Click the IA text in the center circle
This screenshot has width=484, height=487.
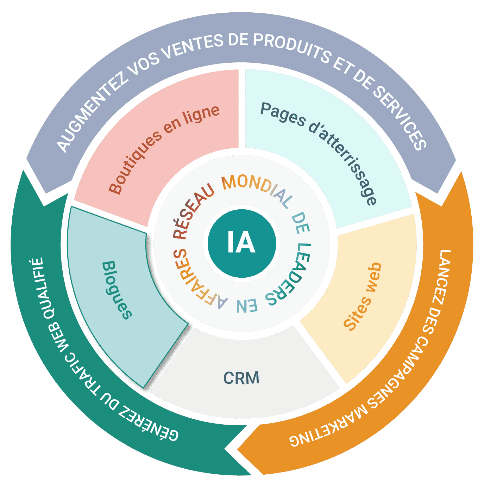point(241,242)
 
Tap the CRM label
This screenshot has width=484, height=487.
point(241,378)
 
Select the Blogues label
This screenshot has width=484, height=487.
point(117,290)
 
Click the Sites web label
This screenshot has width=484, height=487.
point(363,297)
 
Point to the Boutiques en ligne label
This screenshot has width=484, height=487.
point(164,149)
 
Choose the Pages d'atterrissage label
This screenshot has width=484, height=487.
point(319,153)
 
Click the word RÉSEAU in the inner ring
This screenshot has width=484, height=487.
point(193,211)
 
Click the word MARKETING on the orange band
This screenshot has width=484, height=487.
point(328,426)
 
